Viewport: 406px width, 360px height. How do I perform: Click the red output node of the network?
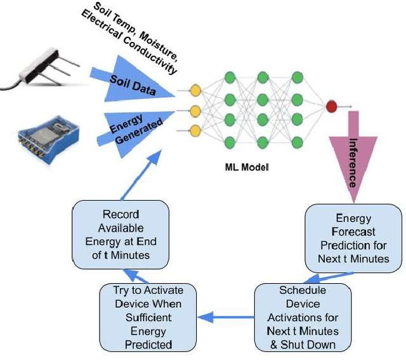pos(331,107)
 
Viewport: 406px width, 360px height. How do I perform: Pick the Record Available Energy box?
pos(121,234)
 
